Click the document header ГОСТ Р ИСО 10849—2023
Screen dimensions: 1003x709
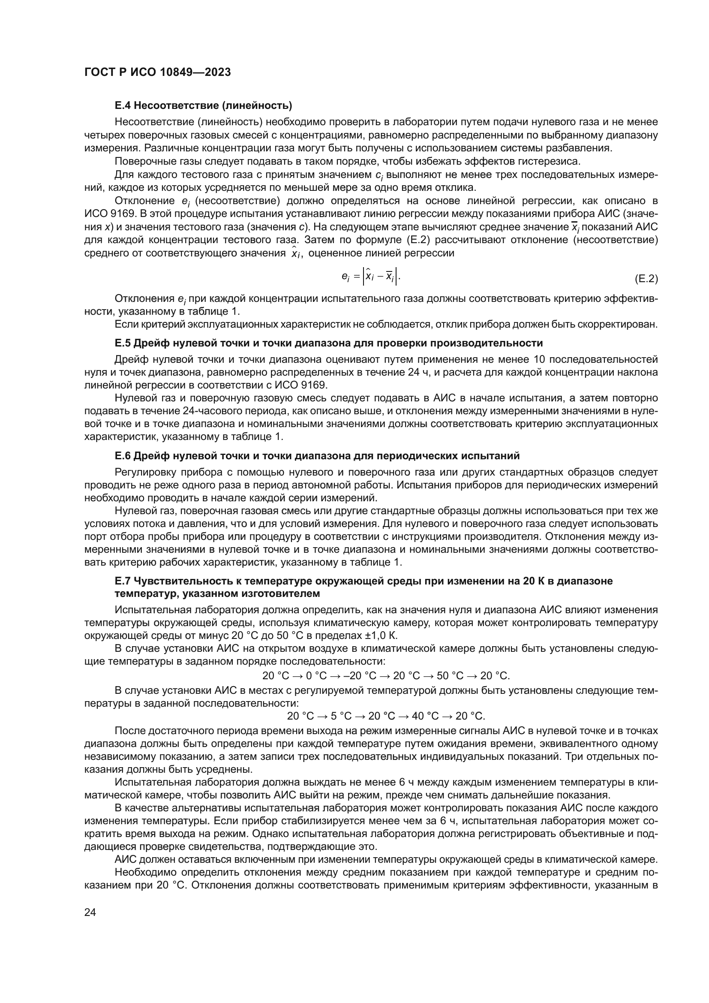point(157,72)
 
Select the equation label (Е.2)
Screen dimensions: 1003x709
point(646,279)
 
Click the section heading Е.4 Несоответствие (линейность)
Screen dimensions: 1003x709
point(203,105)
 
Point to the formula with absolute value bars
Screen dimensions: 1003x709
point(371,276)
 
